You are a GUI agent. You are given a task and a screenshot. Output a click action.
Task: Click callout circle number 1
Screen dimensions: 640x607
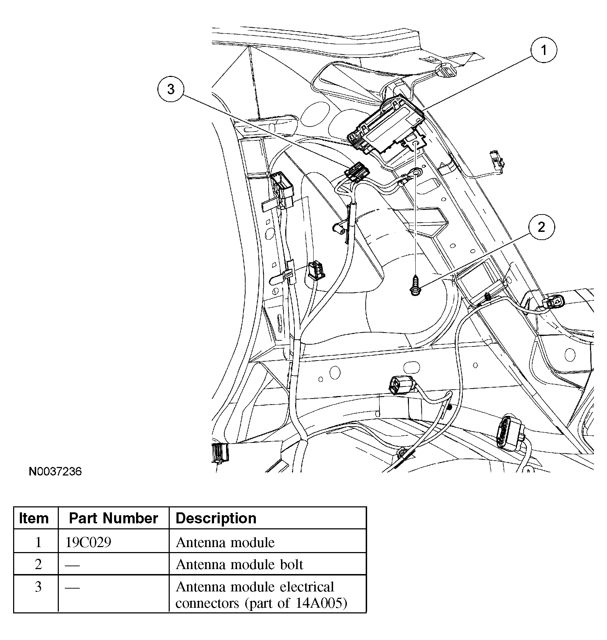click(543, 50)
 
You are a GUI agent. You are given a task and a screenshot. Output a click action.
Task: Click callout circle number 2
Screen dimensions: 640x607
click(541, 227)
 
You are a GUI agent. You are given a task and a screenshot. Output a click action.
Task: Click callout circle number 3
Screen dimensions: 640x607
click(171, 89)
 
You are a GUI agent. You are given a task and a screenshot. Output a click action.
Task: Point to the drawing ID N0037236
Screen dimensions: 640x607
click(55, 471)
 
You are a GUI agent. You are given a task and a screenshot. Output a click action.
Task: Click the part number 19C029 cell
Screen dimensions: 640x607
click(88, 542)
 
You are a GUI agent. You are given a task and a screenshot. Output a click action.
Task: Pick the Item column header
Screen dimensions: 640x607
click(34, 518)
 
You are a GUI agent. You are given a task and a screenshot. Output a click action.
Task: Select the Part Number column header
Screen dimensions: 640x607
click(113, 518)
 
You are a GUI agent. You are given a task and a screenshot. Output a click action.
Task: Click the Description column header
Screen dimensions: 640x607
click(216, 518)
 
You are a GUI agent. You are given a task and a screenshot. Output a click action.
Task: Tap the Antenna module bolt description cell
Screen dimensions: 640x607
click(239, 564)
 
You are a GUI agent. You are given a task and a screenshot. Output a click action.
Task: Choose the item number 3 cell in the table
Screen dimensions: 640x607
click(38, 587)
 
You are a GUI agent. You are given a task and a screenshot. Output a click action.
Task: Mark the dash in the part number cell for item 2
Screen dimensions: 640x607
click(72, 565)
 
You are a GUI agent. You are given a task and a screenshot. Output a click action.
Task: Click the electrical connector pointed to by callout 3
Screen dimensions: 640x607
click(357, 172)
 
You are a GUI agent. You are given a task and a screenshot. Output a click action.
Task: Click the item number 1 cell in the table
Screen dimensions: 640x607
click(38, 542)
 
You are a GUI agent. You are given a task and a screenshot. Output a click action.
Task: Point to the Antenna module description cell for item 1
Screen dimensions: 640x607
click(225, 542)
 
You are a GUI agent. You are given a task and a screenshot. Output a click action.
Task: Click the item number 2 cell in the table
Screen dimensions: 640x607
click(38, 564)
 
